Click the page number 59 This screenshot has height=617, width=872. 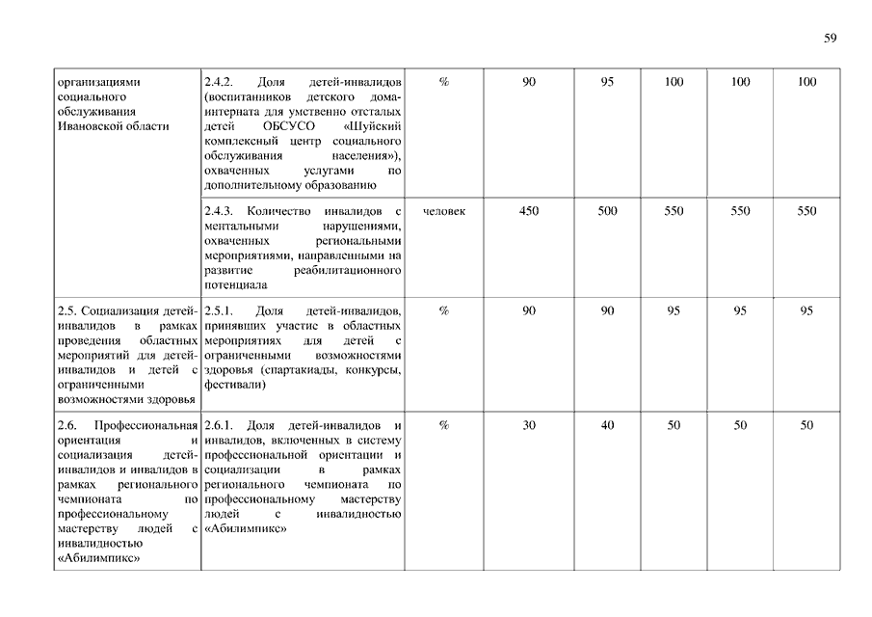(831, 39)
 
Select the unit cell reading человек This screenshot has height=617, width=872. (444, 211)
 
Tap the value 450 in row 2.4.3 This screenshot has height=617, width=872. (529, 211)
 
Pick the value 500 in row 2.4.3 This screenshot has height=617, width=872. (607, 211)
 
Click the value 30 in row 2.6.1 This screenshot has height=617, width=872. (529, 425)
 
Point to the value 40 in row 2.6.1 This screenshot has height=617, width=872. (607, 425)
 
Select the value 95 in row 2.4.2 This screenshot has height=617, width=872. (607, 82)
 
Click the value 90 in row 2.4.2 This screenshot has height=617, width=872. (529, 82)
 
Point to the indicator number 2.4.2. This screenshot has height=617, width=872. (220, 82)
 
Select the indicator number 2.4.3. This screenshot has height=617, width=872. (220, 211)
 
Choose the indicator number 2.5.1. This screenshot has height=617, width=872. (220, 311)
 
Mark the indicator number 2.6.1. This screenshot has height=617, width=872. (220, 425)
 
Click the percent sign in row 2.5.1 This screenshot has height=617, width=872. (444, 311)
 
